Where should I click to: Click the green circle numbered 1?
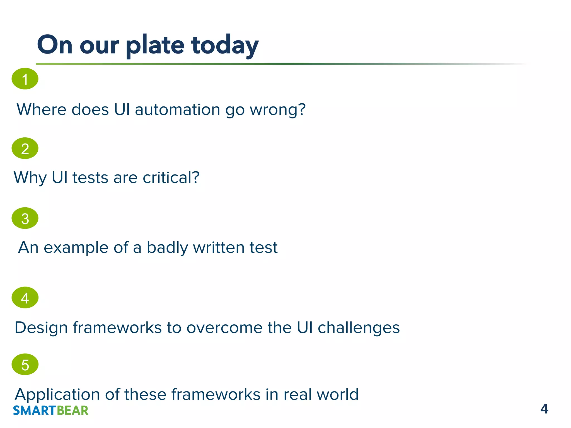click(x=25, y=79)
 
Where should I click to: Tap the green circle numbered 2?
click(x=25, y=148)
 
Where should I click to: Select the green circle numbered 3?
click(x=25, y=218)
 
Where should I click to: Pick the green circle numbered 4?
click(x=25, y=298)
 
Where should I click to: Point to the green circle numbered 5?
click(x=25, y=364)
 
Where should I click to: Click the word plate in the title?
click(x=155, y=45)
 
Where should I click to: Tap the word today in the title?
click(x=225, y=45)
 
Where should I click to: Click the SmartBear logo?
click(x=51, y=410)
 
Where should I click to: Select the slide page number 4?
click(x=544, y=409)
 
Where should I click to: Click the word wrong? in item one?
click(x=278, y=110)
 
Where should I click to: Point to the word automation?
click(x=177, y=110)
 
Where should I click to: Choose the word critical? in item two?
click(x=171, y=177)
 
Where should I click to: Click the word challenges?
click(x=359, y=328)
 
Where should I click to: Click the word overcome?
click(x=224, y=328)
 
